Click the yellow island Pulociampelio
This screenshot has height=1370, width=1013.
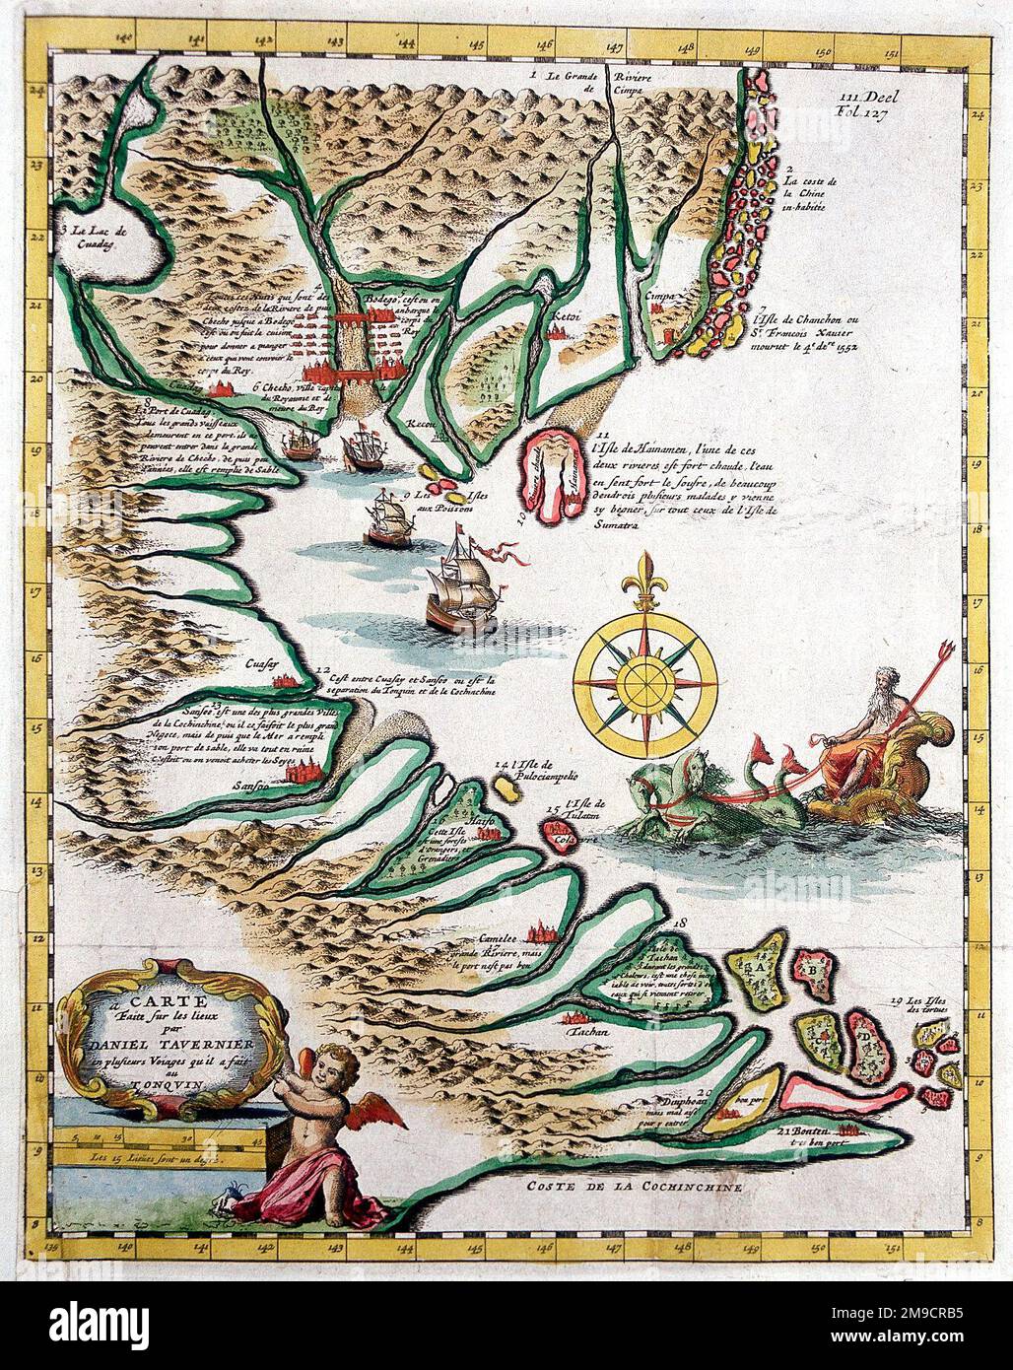tap(508, 789)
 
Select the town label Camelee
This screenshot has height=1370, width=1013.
tap(498, 938)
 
